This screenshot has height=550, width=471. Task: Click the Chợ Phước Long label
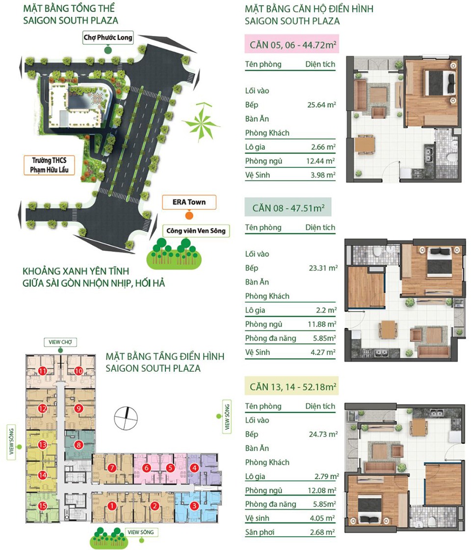(x=107, y=37)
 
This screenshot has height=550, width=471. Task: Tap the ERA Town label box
(x=189, y=202)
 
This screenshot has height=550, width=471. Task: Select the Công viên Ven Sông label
(x=196, y=231)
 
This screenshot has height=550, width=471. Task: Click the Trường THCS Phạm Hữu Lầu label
(x=49, y=165)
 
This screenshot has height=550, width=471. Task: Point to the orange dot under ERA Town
(x=189, y=216)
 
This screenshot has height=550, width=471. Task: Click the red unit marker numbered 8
(x=78, y=445)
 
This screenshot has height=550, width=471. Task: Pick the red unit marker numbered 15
(x=42, y=506)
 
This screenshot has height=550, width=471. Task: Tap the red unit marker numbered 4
(x=194, y=468)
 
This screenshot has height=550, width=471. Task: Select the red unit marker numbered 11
(x=42, y=371)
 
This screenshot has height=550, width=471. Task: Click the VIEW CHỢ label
(x=60, y=342)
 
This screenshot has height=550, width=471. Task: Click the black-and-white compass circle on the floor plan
(x=126, y=418)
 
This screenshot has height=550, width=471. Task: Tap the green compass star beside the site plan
(x=201, y=122)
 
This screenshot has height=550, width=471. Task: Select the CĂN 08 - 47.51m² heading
(x=288, y=208)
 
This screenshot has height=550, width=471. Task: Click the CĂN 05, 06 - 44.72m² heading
(x=292, y=44)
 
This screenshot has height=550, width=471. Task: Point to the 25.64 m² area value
(x=322, y=105)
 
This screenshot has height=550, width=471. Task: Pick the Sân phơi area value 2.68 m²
(x=322, y=532)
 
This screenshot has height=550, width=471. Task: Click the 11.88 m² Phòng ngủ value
(x=322, y=324)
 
